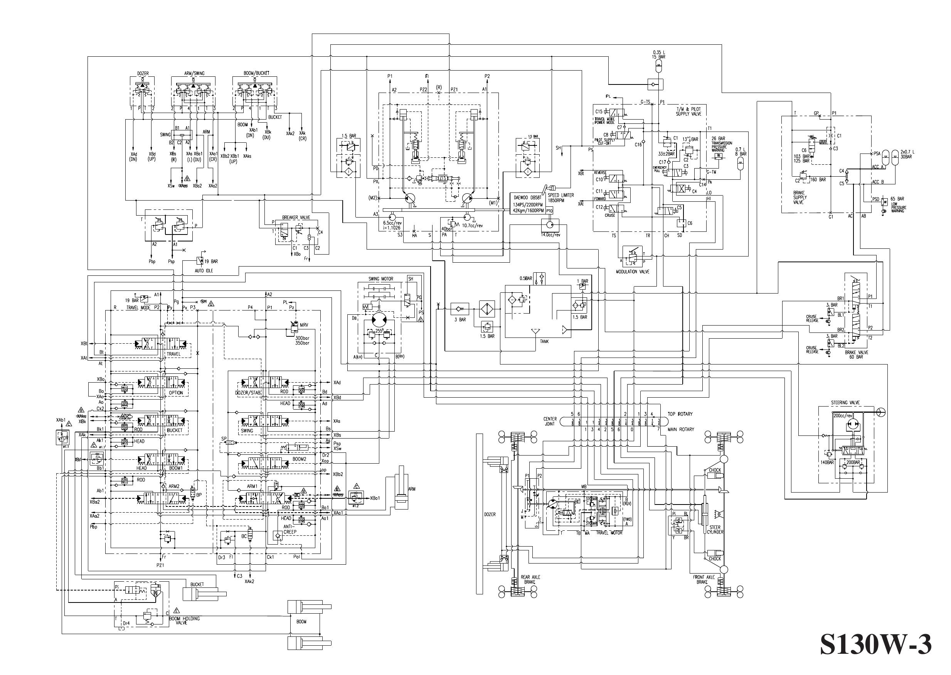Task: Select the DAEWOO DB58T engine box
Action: [x=527, y=204]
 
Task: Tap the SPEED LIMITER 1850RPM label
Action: [x=560, y=197]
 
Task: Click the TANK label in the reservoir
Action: [x=544, y=341]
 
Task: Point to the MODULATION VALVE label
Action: [x=633, y=272]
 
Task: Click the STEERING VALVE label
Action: [x=845, y=402]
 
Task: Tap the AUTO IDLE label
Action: [x=204, y=271]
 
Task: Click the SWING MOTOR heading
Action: [x=380, y=278]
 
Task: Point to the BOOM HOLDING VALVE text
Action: [x=184, y=621]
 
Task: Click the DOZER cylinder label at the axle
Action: [x=490, y=514]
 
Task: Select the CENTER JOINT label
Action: [x=550, y=421]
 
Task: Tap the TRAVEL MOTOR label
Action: [x=609, y=532]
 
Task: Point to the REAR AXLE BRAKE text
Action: [x=530, y=579]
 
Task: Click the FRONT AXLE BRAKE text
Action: [x=704, y=579]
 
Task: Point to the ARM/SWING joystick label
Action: [x=194, y=73]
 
